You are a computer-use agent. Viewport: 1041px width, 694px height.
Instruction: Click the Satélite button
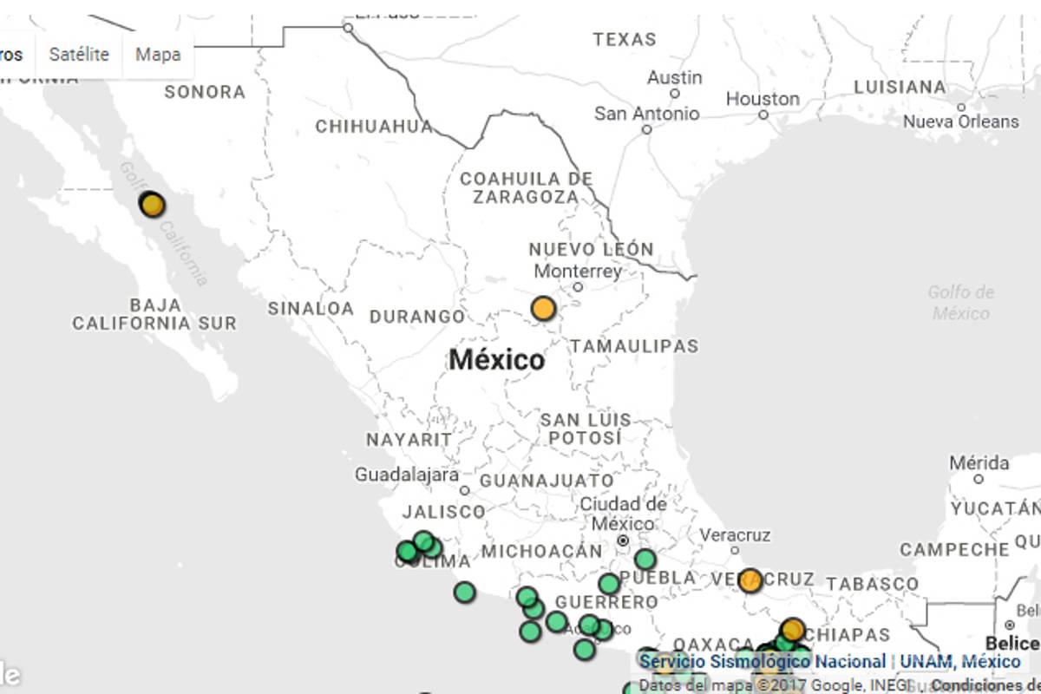(x=79, y=55)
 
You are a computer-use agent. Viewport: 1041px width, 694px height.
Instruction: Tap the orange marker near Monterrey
(x=543, y=308)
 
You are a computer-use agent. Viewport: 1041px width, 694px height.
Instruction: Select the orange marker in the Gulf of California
(x=152, y=205)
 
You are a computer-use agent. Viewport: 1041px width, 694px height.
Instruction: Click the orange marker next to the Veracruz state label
(x=750, y=580)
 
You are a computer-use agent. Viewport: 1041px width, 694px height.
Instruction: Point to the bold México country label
(x=497, y=360)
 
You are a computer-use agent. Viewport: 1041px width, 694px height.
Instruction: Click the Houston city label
(x=763, y=99)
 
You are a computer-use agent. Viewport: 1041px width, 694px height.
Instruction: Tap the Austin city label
(x=674, y=78)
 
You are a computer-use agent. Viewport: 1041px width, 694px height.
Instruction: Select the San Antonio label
(x=646, y=114)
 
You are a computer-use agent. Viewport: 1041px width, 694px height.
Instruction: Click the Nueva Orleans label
(x=961, y=121)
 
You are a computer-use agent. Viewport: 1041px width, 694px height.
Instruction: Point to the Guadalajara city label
(x=407, y=475)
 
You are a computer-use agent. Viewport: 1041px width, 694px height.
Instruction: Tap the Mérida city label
(x=979, y=463)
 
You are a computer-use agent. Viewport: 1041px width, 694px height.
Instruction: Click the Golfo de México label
(x=961, y=303)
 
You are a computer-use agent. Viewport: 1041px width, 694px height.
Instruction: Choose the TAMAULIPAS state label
(x=634, y=346)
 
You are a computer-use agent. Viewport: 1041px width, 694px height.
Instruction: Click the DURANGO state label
(x=417, y=317)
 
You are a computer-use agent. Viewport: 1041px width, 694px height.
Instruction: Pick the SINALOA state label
(x=311, y=308)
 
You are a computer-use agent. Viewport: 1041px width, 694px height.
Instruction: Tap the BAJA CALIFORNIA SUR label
(x=154, y=314)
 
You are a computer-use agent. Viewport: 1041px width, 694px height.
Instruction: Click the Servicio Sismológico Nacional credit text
(x=763, y=662)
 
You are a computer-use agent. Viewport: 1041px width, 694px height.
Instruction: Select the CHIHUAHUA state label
(x=374, y=127)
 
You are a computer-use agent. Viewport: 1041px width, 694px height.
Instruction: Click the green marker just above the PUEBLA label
(x=645, y=560)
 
